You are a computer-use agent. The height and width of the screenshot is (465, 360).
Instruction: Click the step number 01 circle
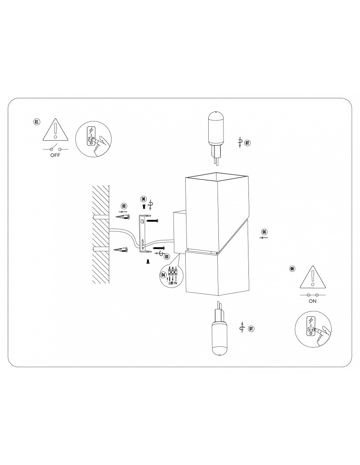tap(37, 122)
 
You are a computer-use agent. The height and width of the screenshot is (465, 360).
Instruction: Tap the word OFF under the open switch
tap(55, 155)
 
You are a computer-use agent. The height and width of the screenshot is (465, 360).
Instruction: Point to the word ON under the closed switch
tap(312, 301)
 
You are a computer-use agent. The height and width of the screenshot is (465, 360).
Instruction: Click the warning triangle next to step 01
tap(55, 130)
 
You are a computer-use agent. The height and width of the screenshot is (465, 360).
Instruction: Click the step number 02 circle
tap(124, 206)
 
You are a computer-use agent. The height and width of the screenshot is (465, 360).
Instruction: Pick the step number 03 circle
tap(167, 257)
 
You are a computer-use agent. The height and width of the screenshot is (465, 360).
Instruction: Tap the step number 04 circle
tap(163, 275)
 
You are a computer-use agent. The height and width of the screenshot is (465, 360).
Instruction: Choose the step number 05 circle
tap(264, 232)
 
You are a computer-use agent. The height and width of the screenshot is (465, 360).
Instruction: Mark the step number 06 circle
tap(144, 199)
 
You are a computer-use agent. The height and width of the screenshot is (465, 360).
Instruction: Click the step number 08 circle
tap(293, 269)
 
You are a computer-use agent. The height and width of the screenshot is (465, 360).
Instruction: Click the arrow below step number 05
tap(264, 238)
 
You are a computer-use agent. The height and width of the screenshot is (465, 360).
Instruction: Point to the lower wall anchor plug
tap(122, 250)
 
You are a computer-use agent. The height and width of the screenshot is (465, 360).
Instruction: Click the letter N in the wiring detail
tap(176, 283)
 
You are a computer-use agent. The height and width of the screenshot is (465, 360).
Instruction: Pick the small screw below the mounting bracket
tap(147, 261)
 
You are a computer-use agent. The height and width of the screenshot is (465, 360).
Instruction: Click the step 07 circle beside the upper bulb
tap(247, 143)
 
